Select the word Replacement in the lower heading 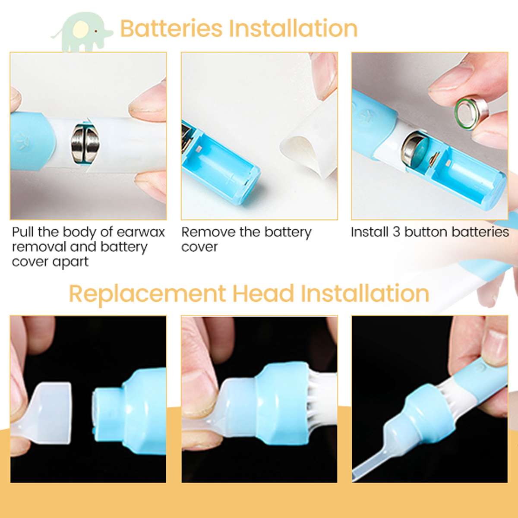tap(147, 294)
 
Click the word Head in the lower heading tap(263, 294)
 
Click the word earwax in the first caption tap(141, 232)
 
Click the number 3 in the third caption tap(396, 232)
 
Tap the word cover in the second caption tap(199, 247)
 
